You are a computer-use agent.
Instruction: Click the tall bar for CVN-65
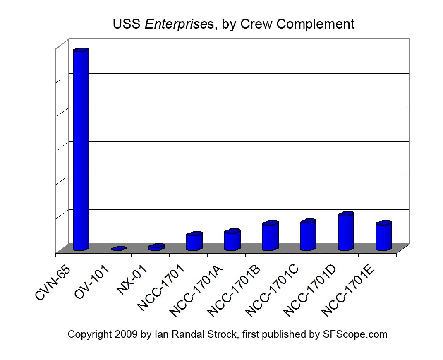coord(81,149)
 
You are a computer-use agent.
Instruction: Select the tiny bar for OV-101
coord(118,249)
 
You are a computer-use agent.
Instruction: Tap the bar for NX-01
coord(156,247)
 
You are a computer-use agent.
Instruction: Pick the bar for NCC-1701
coord(194,242)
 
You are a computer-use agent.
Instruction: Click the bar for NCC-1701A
coord(232,240)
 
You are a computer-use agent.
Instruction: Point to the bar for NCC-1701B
coord(270,236)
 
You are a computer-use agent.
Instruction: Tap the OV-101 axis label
coord(92,282)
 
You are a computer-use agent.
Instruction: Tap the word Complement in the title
coord(315,24)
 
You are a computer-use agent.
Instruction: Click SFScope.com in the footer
coord(354,334)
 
